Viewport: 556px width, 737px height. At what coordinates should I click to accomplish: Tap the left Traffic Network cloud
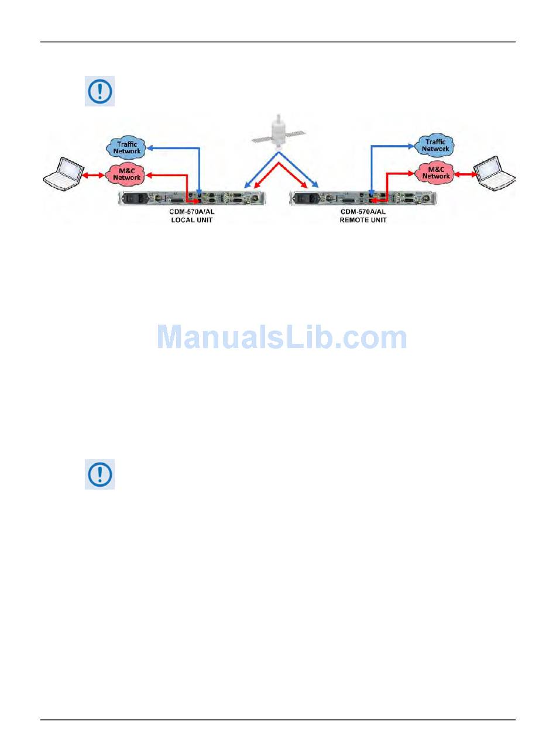[127, 147]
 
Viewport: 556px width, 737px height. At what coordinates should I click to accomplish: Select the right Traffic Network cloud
[435, 145]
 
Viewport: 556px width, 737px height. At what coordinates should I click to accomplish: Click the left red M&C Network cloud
[126, 174]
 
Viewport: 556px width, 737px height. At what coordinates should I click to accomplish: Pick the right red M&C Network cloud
[435, 173]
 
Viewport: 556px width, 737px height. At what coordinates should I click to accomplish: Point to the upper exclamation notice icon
[99, 91]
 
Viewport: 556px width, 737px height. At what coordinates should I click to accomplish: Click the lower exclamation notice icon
[99, 474]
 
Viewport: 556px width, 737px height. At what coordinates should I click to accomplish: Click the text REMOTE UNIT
[363, 221]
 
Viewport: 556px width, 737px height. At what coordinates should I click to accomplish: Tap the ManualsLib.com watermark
[282, 338]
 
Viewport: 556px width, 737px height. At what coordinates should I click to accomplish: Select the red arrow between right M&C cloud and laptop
[465, 173]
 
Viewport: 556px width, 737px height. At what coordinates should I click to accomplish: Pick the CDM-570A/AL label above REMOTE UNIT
[363, 212]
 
